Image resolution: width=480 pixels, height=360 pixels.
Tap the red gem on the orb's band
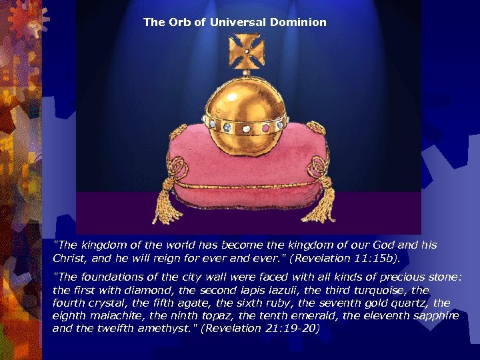[x=265, y=127]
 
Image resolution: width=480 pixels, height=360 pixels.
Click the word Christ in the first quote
[x=69, y=257]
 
